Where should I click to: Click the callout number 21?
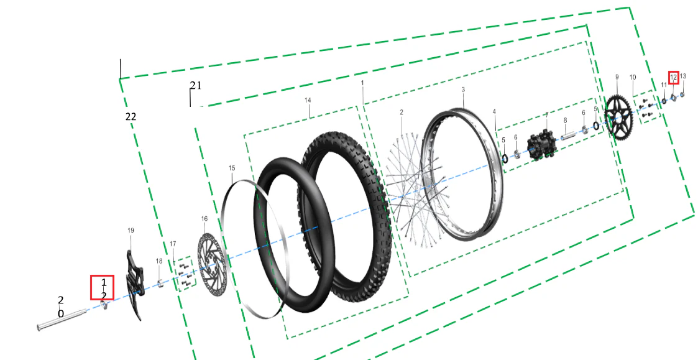(195, 86)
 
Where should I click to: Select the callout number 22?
(131, 117)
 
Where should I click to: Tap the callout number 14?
(308, 100)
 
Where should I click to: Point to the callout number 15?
(232, 168)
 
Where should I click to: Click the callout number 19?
(131, 230)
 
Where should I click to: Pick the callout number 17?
(173, 244)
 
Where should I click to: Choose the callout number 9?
(617, 77)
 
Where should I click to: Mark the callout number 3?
(463, 90)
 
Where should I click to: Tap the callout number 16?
(204, 219)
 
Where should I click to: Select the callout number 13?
(683, 76)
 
